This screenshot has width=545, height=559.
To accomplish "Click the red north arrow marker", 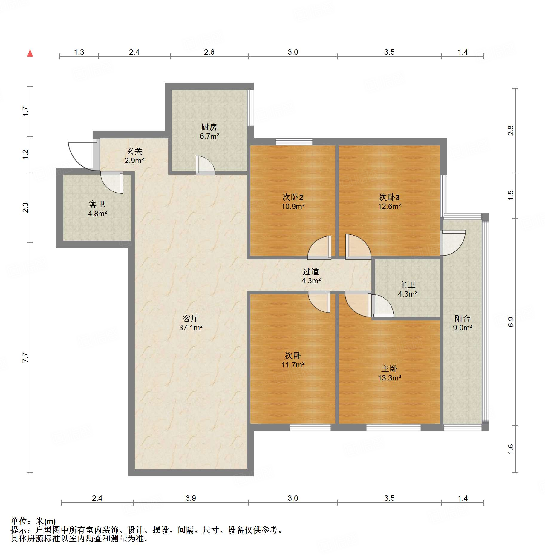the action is click(30, 53).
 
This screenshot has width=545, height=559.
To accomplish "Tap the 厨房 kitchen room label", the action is click(209, 127).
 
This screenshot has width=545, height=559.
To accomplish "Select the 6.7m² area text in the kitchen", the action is click(209, 136).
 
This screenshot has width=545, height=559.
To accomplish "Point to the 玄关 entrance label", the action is click(134, 151).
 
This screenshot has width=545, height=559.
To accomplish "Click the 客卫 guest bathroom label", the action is click(97, 204).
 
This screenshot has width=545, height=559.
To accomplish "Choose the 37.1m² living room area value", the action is click(191, 328).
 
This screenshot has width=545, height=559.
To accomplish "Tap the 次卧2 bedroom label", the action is click(293, 197).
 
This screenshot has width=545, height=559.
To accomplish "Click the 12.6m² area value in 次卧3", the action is click(389, 206).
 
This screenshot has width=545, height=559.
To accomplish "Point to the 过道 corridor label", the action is click(311, 271).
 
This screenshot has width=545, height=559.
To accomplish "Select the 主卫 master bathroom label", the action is click(407, 285).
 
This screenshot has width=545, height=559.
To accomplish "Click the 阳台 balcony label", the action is click(462, 318).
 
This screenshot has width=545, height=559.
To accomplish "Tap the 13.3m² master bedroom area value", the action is click(389, 378).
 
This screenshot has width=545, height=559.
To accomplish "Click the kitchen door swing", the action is click(205, 165).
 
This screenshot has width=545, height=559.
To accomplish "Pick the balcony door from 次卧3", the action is click(453, 243).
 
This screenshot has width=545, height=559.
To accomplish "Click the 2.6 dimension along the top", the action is click(209, 52).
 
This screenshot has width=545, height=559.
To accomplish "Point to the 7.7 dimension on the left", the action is click(26, 357).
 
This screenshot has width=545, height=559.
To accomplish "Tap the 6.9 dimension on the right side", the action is click(511, 322).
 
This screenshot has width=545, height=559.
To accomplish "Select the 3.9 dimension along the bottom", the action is click(191, 498).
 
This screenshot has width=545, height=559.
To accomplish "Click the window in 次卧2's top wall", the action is click(294, 142).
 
